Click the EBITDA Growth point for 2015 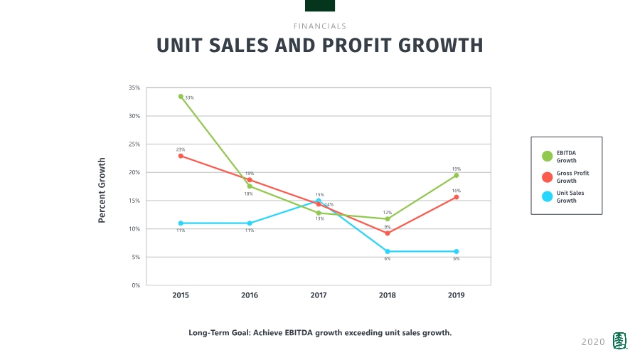181,97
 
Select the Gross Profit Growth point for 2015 181,156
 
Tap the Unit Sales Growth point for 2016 250,223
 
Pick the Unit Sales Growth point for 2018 388,251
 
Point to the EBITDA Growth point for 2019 456,175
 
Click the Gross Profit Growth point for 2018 388,233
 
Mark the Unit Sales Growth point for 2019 456,251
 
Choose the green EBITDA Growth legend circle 547,157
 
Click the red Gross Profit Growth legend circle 547,176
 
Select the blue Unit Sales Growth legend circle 547,196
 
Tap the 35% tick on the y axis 134,88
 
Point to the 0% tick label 135,285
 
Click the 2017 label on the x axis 318,295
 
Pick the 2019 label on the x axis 456,295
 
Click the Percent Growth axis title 102,190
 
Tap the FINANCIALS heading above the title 319,26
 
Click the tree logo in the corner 621,342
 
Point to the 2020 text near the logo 593,342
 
